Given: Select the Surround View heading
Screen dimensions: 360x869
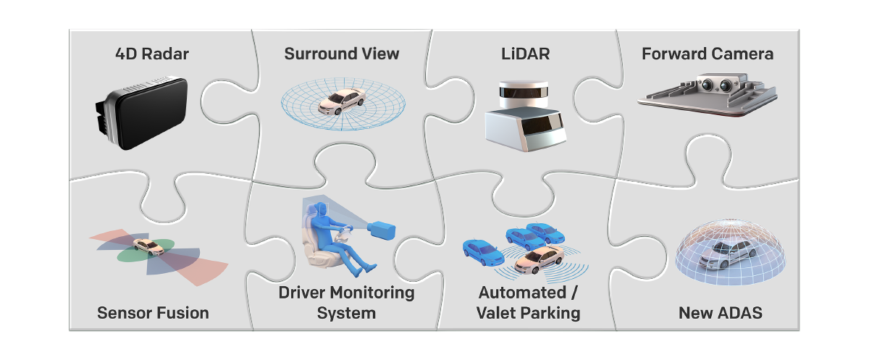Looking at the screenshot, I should click(342, 54).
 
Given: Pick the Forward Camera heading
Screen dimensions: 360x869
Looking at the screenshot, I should click(708, 54).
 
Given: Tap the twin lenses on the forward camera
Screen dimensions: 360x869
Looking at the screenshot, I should click(715, 84).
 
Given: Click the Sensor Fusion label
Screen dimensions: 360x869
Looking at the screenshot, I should click(153, 313).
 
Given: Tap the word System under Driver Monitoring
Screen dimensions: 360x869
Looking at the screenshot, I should click(346, 313).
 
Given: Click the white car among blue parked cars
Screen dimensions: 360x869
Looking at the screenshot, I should click(539, 259).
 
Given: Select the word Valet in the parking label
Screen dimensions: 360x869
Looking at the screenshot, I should click(499, 313).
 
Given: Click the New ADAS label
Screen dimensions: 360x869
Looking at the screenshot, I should click(720, 313).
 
